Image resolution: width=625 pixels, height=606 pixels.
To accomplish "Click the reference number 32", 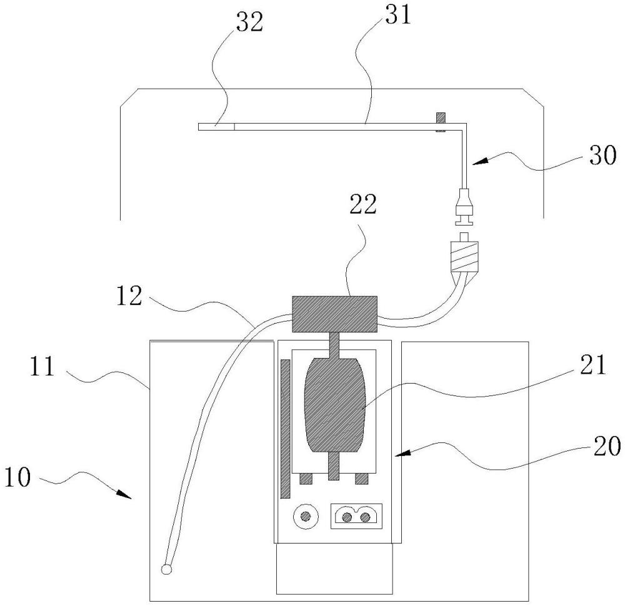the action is pyautogui.click(x=250, y=22).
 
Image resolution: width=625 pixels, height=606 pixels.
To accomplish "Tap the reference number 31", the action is pyautogui.click(x=397, y=16).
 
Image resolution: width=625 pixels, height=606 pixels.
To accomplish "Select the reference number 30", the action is pyautogui.click(x=602, y=155).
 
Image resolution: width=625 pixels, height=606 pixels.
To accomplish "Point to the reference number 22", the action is pyautogui.click(x=362, y=204).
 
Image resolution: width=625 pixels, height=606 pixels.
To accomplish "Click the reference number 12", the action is pyautogui.click(x=129, y=296).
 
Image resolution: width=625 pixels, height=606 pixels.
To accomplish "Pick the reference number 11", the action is pyautogui.click(x=42, y=367).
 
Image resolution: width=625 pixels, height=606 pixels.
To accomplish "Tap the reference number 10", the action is pyautogui.click(x=17, y=477).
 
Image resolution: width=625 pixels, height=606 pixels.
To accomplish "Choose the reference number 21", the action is pyautogui.click(x=592, y=365).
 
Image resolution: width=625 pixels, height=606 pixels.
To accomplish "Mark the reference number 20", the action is pyautogui.click(x=607, y=446).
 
